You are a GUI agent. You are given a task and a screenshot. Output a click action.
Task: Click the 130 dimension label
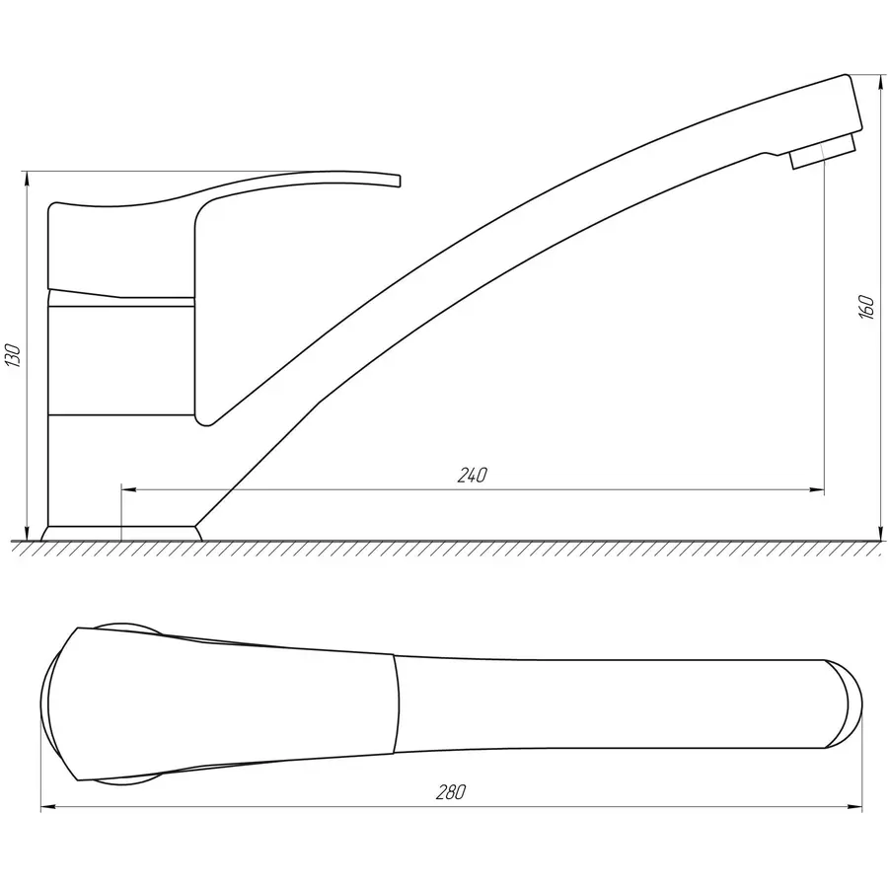14,355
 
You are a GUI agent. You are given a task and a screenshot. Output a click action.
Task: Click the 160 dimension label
866,307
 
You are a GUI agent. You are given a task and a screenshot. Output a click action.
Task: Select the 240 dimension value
472,476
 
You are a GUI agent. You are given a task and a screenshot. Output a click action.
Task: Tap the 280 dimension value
451,791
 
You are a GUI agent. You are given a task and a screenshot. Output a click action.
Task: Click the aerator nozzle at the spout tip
823,151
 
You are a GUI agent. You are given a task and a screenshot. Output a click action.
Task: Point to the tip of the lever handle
400,181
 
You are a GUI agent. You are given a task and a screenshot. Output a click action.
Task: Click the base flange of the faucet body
121,534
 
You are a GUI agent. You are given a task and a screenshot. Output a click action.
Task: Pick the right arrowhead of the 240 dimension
816,489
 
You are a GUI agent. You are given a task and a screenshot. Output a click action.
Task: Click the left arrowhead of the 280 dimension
49,806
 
